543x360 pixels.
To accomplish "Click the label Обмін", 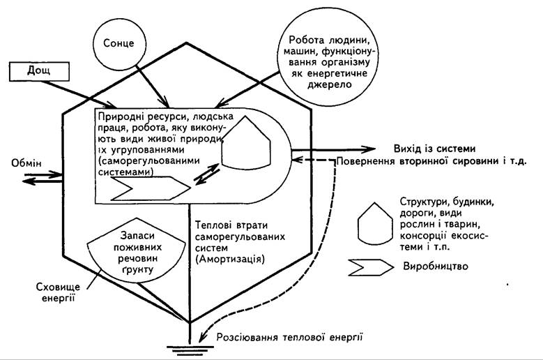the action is (x=26, y=163).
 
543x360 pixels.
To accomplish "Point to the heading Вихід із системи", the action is (x=434, y=149).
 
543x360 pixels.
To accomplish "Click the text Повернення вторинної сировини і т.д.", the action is (x=432, y=161).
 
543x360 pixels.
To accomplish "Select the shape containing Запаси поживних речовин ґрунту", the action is (x=137, y=250).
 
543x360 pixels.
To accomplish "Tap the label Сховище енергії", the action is (x=58, y=292).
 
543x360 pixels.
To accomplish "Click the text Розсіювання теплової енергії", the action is (x=289, y=337).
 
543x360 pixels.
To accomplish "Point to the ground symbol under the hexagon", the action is (x=190, y=350).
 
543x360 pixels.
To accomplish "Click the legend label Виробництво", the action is (x=436, y=266).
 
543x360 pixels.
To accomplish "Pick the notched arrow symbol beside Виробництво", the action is (x=371, y=267).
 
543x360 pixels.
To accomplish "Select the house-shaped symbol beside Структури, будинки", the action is (x=375, y=224).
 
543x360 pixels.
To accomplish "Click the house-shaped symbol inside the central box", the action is (x=246, y=143).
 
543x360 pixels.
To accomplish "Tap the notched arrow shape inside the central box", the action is (x=151, y=188).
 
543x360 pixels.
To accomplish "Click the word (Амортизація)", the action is (x=229, y=259).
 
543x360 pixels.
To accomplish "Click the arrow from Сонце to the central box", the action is (x=153, y=87).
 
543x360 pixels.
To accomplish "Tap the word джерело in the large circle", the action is (x=328, y=84).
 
